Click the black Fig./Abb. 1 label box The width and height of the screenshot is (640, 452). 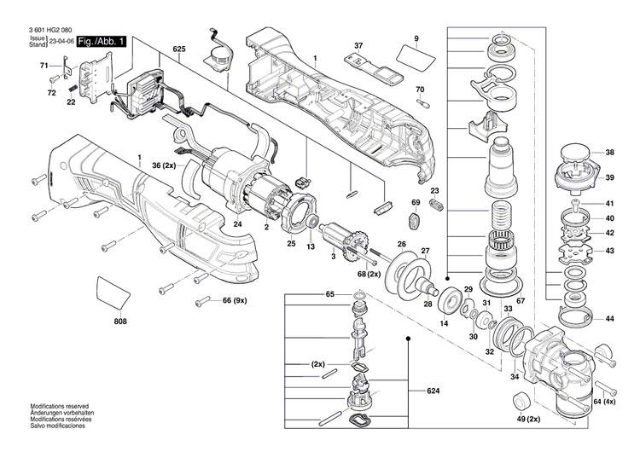pos(102,41)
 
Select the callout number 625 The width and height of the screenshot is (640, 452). pos(178,49)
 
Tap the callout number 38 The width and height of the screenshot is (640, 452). pos(610,153)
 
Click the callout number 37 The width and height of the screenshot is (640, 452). pos(358,45)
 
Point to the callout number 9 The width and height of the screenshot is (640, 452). pos(416,39)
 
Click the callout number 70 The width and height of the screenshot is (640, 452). pos(419,90)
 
